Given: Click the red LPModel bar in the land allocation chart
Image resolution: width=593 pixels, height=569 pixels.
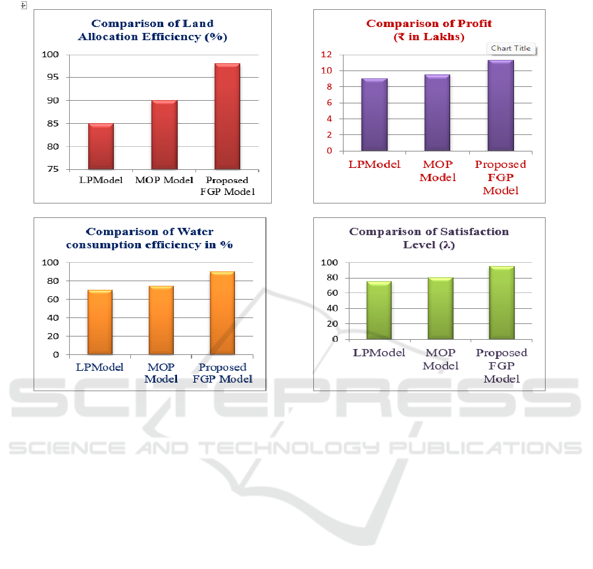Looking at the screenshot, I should tap(101, 146).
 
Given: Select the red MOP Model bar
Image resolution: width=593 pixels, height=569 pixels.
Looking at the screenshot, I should tap(165, 134).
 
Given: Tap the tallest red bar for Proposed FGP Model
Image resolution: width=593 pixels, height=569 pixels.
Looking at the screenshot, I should tap(227, 116).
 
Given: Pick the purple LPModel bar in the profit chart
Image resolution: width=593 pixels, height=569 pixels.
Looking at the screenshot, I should tap(374, 115).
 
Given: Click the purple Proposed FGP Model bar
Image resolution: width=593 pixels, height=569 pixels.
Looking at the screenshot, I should tap(501, 105).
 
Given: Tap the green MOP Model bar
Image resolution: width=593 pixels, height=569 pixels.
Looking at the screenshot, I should tap(440, 308).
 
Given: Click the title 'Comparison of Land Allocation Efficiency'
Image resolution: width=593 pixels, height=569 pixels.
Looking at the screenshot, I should tap(152, 30).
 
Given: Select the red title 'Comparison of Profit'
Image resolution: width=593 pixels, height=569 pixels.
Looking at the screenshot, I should tap(429, 30).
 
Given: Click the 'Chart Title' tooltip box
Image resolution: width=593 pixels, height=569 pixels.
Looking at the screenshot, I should tap(511, 48).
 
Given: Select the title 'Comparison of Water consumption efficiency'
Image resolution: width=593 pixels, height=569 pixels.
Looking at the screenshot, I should tap(150, 238).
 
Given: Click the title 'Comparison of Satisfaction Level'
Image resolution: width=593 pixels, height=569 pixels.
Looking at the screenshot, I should tap(429, 238).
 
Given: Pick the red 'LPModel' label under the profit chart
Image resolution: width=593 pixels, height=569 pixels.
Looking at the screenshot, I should tap(374, 164).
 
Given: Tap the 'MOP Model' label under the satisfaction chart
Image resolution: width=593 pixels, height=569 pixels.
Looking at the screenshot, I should tap(440, 359).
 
